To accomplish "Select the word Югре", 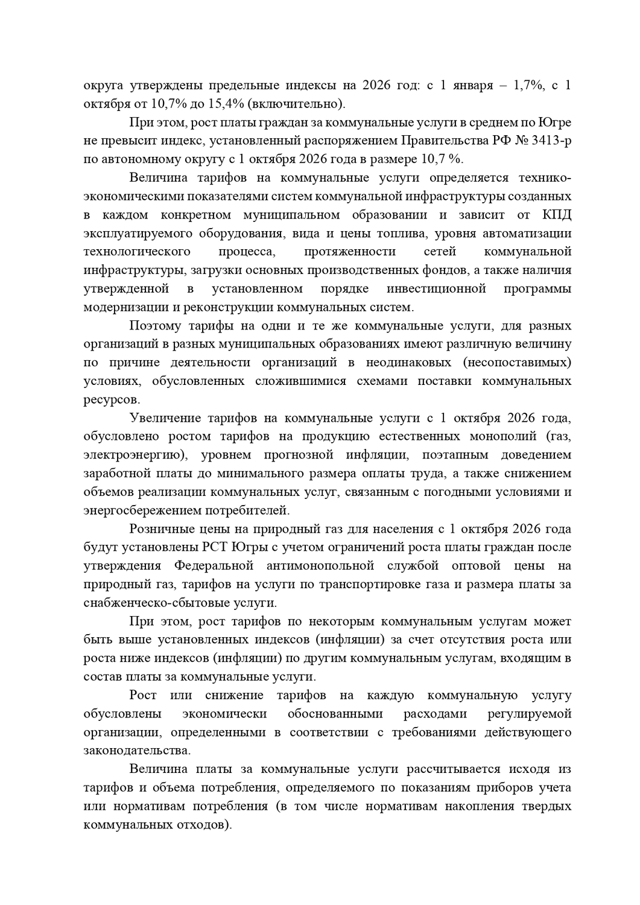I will [554, 122].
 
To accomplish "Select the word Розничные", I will [158, 529].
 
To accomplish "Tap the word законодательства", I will [136, 751].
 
